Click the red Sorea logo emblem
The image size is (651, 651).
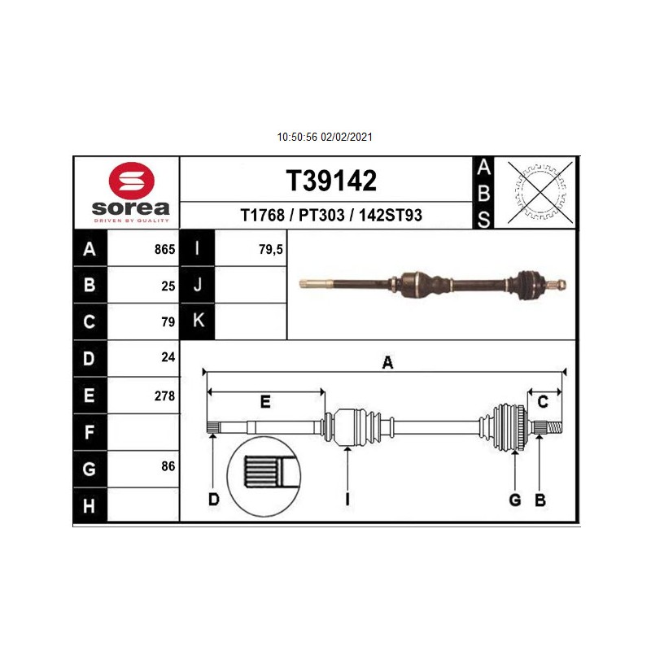[x=131, y=181]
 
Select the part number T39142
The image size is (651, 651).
[x=331, y=181]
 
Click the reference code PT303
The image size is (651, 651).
[x=321, y=215]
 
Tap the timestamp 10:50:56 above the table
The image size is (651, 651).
[x=297, y=137]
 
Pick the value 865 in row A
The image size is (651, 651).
[x=165, y=249]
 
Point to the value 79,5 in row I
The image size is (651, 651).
[x=271, y=249]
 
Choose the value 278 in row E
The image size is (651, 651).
[x=165, y=396]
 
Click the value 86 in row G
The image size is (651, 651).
[x=168, y=466]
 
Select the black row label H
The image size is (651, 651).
[x=90, y=506]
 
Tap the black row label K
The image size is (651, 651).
[x=198, y=321]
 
